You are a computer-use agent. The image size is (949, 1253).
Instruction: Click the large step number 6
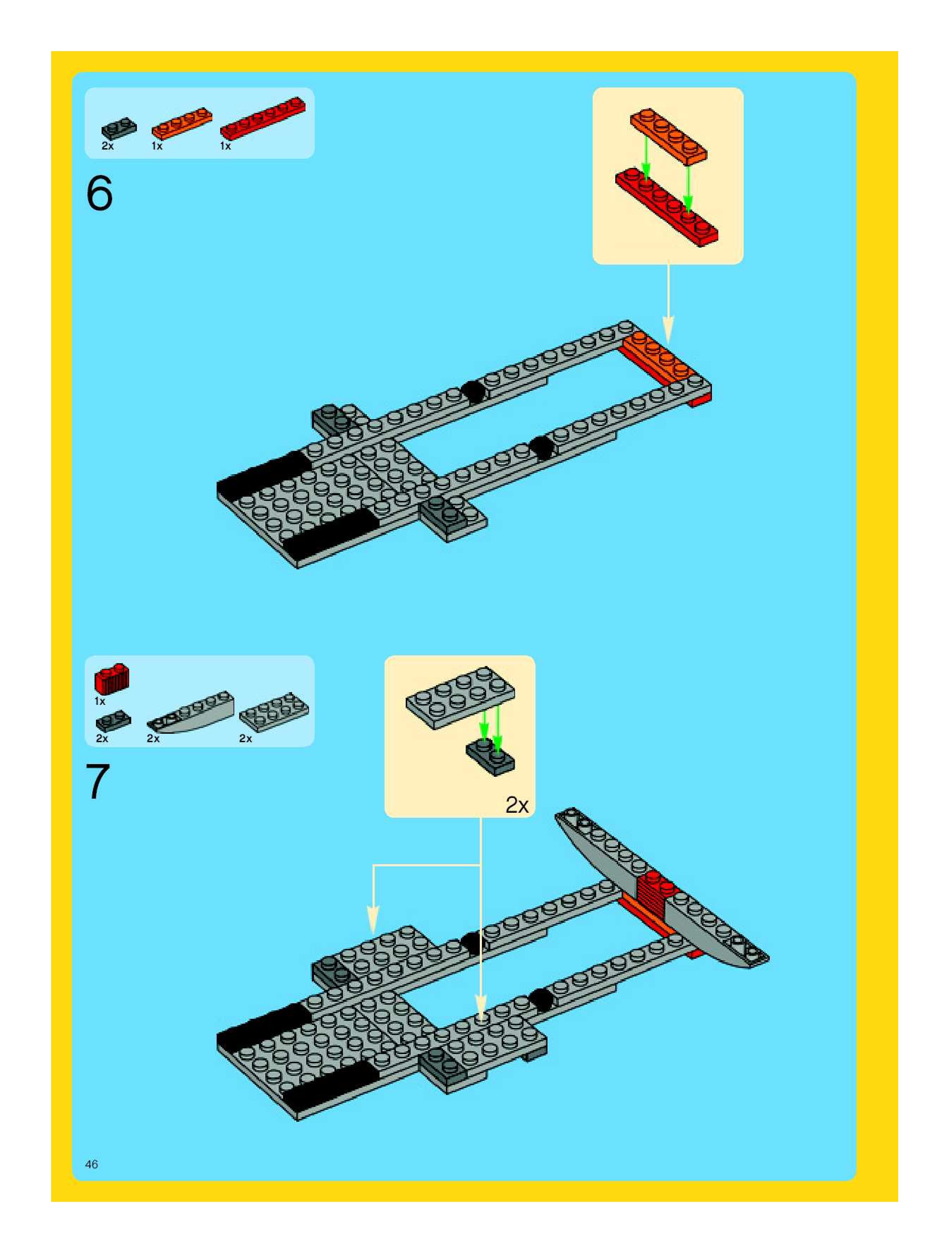[x=100, y=194]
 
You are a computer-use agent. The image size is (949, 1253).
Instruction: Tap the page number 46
[x=91, y=1164]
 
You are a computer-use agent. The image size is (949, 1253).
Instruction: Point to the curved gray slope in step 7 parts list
[x=191, y=712]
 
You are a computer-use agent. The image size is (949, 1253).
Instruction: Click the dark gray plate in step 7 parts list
[x=113, y=721]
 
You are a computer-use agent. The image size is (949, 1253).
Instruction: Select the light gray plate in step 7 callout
[x=460, y=697]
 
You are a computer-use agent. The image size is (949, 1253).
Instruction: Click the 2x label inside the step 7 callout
[x=517, y=805]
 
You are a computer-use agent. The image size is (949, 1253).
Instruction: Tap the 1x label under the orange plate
[x=157, y=146]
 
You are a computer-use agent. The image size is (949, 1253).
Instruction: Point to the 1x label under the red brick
[x=100, y=701]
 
